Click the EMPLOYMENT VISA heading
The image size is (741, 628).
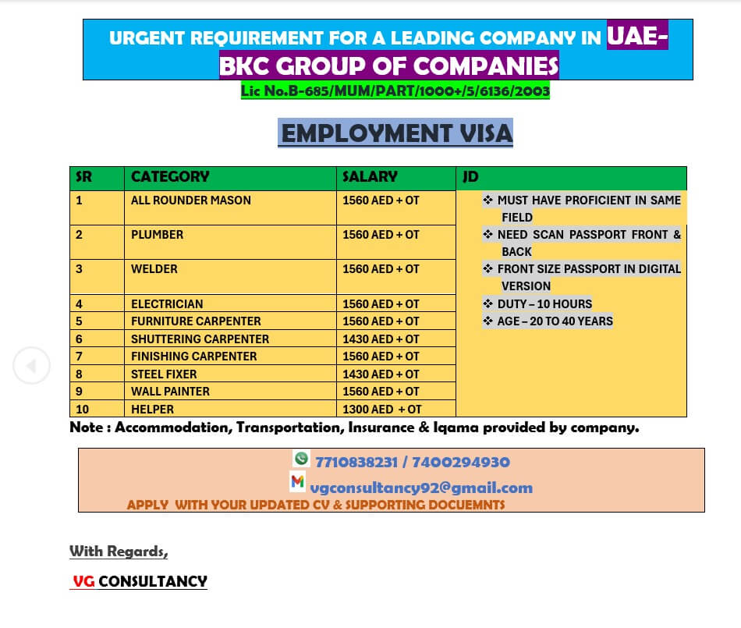click(x=396, y=133)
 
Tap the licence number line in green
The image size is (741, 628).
click(x=395, y=91)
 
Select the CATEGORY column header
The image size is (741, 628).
click(x=170, y=177)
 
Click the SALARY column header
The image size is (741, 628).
click(x=370, y=177)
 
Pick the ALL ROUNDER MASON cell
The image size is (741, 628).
click(x=191, y=200)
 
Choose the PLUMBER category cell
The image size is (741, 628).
click(x=158, y=235)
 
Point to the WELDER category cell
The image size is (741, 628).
click(x=154, y=269)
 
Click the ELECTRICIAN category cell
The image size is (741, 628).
click(x=167, y=304)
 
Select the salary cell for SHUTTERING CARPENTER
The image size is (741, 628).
click(x=381, y=339)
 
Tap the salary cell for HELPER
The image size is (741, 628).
click(x=382, y=409)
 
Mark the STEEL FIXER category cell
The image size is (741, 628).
click(x=164, y=374)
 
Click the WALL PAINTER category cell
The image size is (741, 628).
click(x=170, y=392)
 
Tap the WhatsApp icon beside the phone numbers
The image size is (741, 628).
click(x=301, y=459)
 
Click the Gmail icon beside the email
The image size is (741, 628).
click(x=297, y=481)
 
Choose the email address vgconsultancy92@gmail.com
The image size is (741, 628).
click(x=421, y=488)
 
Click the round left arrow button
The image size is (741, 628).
click(x=31, y=365)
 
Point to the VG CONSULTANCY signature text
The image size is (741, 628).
click(x=140, y=581)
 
